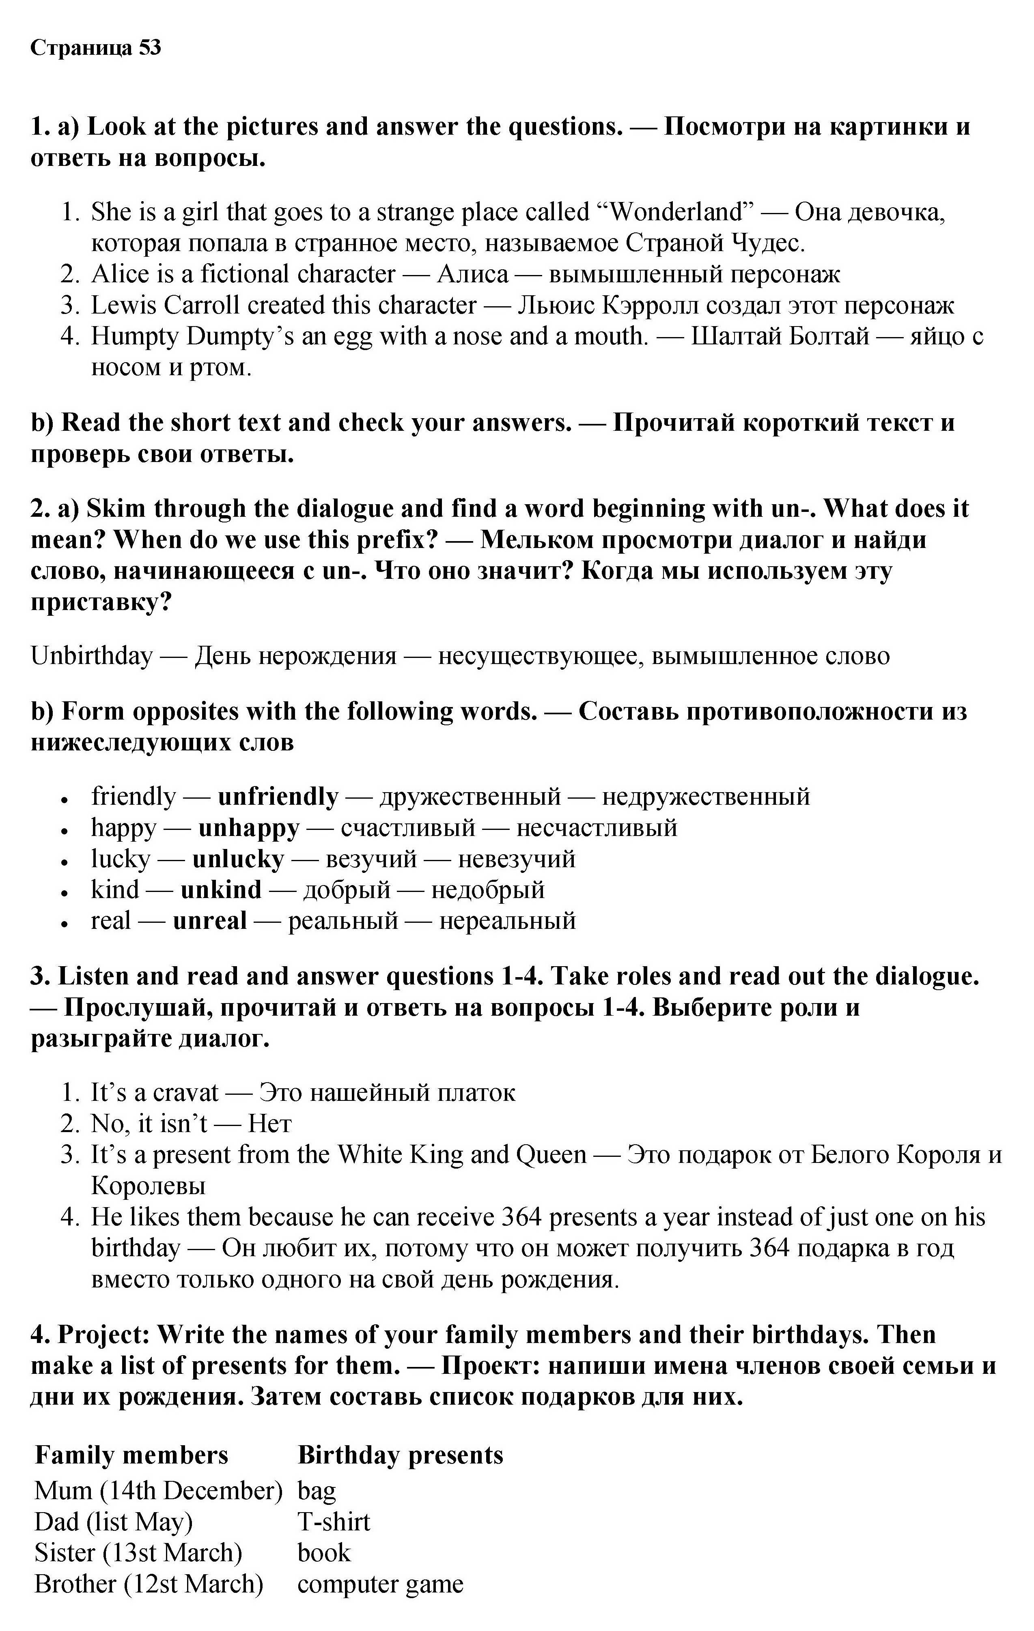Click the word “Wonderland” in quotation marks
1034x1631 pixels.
click(676, 212)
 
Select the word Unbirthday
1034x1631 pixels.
click(91, 655)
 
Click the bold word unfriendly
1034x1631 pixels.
click(278, 797)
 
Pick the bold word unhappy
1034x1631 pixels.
click(249, 828)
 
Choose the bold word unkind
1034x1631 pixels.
click(221, 890)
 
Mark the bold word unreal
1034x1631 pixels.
click(210, 921)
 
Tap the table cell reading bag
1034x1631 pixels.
click(317, 1491)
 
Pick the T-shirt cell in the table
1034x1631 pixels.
click(334, 1522)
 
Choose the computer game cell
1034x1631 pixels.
click(380, 1584)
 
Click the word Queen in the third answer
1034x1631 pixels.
click(551, 1155)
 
